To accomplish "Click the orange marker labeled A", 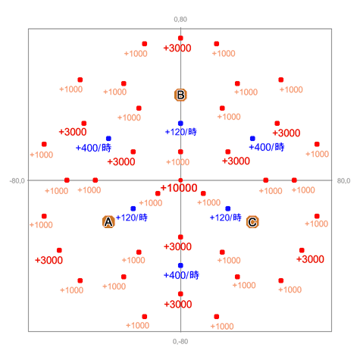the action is (x=108, y=222).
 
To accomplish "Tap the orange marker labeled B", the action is (x=180, y=95).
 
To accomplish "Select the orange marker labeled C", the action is (x=252, y=222).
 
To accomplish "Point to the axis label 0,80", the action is (x=180, y=20).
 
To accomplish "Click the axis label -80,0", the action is (x=17, y=181).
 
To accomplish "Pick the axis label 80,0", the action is (x=343, y=181).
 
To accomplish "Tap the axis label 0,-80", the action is (x=180, y=342).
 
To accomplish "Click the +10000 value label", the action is (x=179, y=188).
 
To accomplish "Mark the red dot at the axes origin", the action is (x=180, y=180).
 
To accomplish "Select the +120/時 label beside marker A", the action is (x=132, y=218).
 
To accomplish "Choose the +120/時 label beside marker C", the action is (x=226, y=218).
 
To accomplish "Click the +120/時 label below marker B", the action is (x=181, y=132).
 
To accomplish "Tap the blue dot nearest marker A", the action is (x=133, y=208).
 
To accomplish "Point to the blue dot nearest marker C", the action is (x=228, y=208).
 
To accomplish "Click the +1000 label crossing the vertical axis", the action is (x=177, y=162).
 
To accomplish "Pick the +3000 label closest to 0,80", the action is (x=177, y=48).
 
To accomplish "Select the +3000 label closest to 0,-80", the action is (x=178, y=304).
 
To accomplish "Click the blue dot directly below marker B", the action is (x=180, y=124).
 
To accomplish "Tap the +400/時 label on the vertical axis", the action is (x=181, y=275).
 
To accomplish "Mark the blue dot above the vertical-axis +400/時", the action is (x=180, y=265).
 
